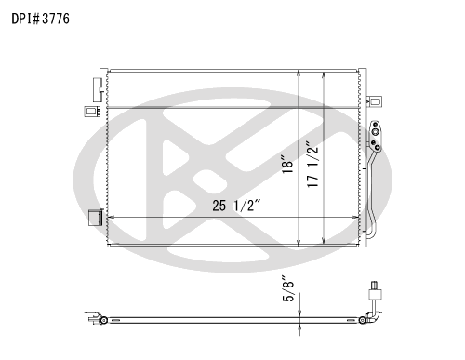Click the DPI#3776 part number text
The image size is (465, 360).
tap(41, 19)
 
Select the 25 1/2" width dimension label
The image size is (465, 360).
tap(237, 206)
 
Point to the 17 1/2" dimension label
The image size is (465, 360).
tap(312, 165)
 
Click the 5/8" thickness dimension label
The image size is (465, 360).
tap(287, 288)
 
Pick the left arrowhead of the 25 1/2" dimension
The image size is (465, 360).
tap(110, 218)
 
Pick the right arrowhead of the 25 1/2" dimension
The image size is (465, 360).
tap(356, 218)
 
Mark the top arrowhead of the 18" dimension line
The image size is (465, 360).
tap(299, 73)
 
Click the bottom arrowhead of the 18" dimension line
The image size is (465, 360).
tap(299, 244)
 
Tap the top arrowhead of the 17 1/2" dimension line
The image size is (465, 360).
tap(324, 75)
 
